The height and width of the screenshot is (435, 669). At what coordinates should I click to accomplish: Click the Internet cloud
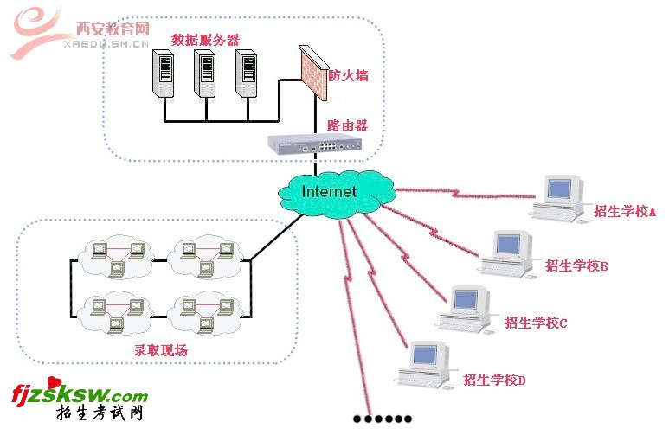pos(333,192)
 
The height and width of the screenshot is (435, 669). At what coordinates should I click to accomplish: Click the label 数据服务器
pos(205,40)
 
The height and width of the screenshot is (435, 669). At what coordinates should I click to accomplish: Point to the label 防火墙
pos(348,75)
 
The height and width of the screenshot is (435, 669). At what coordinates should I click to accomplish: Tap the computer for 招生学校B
pos(508,253)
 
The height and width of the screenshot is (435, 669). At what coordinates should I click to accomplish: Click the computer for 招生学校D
pos(425,362)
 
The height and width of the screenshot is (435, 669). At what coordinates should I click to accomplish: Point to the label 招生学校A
pos(625,211)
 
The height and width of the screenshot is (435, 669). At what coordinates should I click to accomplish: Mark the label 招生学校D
pos(495,379)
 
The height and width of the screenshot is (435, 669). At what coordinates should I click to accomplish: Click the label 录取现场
pos(160,351)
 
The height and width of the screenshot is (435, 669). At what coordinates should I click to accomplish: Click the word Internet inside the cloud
pos(329,191)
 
